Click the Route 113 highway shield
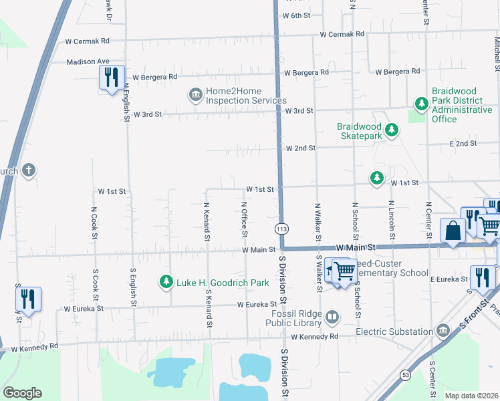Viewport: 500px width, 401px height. tap(281, 229)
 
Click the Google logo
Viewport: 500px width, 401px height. tap(22, 393)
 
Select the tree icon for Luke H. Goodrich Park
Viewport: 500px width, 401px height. tap(166, 283)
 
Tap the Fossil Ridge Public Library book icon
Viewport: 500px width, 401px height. tap(332, 316)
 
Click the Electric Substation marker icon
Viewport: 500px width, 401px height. tap(443, 331)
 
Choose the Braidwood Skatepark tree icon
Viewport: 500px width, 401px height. tap(392, 131)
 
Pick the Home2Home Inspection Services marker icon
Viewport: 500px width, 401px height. tap(195, 96)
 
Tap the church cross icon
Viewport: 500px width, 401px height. tap(28, 170)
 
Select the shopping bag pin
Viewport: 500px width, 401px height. tap(453, 231)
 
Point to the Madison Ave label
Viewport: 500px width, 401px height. tap(88, 61)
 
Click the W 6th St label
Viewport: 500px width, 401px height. tap(297, 15)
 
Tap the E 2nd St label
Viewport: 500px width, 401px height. tap(463, 143)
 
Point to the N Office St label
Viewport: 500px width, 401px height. tap(244, 219)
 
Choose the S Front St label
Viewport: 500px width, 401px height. tap(472, 318)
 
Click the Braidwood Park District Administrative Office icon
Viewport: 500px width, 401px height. tap(421, 104)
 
